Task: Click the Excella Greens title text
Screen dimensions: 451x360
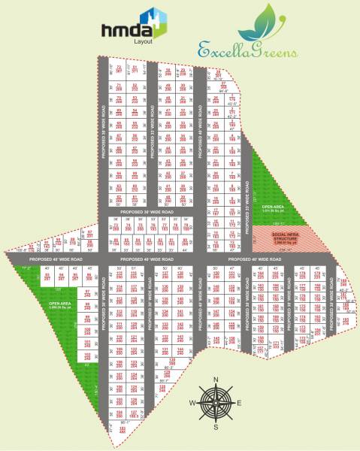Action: (x=260, y=51)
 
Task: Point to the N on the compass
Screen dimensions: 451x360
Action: (x=215, y=380)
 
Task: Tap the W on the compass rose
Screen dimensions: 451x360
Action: (x=192, y=404)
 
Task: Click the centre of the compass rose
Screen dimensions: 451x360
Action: (x=215, y=404)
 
